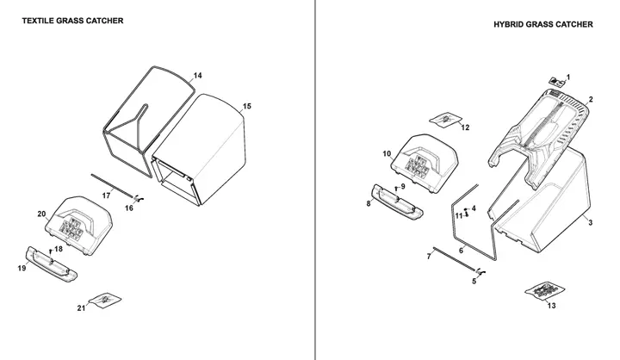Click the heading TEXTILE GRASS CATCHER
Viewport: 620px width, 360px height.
72,21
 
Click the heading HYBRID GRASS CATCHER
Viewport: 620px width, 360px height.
542,24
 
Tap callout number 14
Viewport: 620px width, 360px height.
198,76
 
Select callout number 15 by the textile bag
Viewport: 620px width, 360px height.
247,107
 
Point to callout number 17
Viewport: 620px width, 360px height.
106,196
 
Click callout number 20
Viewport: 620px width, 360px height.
41,214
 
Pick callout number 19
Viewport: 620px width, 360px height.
22,268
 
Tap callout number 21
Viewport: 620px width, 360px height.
81,307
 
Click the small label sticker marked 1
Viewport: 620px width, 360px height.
556,82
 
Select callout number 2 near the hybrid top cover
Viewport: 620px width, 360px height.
591,99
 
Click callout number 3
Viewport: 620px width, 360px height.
591,223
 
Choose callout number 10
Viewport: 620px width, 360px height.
387,153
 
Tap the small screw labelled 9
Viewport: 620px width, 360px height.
396,189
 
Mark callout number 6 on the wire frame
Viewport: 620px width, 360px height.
461,251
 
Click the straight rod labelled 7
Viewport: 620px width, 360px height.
454,259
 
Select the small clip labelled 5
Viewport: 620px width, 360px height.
480,271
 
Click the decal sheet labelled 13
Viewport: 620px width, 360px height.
544,292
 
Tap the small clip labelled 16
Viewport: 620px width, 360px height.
138,198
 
